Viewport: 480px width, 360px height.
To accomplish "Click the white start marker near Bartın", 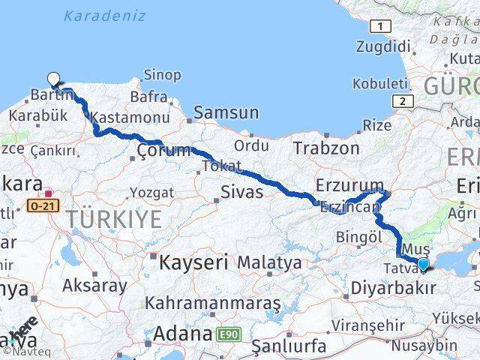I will [x=54, y=79].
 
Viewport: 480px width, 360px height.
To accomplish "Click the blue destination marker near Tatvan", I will [x=423, y=264].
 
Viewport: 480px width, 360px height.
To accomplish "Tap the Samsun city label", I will [x=226, y=113].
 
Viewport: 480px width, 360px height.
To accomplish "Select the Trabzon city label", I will [x=326, y=148].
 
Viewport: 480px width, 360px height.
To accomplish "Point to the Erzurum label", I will [x=349, y=184].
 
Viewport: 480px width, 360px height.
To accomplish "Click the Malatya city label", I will [x=269, y=263].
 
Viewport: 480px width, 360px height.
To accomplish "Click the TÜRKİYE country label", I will [x=113, y=220].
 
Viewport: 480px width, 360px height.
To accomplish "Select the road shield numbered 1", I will [x=382, y=27].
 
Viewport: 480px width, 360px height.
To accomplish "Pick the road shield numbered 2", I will [x=403, y=101].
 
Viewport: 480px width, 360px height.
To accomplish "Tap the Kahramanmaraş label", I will [x=214, y=303].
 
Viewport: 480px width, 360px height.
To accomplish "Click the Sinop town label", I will [x=162, y=75].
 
